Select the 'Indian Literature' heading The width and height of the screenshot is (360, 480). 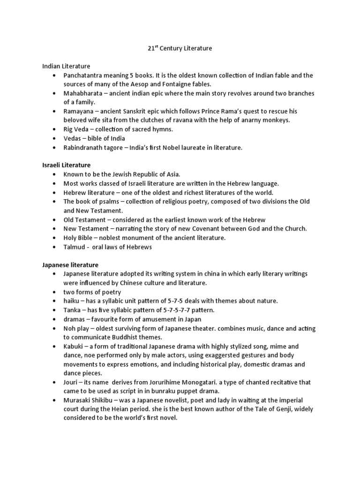tap(66, 66)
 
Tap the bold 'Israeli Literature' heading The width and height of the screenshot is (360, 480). tap(67, 165)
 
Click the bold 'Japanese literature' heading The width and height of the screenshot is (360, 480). tap(70, 264)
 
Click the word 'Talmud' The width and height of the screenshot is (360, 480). tap(74, 247)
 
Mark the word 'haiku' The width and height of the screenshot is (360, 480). tap(71, 300)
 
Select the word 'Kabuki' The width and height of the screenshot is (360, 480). tap(73, 346)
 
